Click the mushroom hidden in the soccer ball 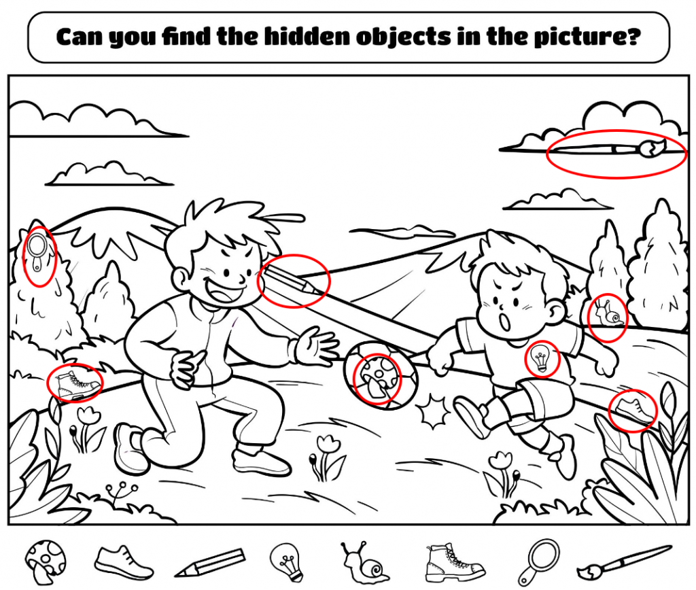377,378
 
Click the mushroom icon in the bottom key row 45,560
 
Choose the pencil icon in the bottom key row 209,563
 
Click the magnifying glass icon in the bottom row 537,561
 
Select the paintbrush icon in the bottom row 624,562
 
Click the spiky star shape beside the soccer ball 434,411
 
